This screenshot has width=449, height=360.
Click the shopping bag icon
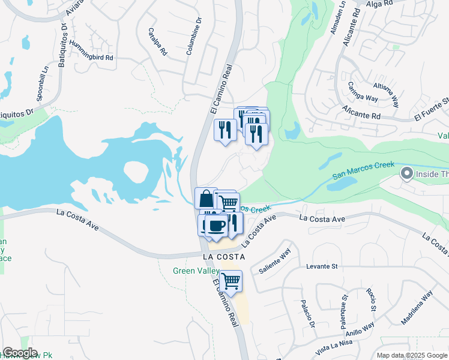click(x=205, y=198)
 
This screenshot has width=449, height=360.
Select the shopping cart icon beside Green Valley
click(x=231, y=280)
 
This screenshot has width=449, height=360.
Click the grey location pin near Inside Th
click(x=406, y=174)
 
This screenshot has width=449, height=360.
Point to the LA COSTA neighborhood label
click(x=224, y=256)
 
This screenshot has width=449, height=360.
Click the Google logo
click(x=20, y=353)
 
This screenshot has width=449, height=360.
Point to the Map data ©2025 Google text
click(x=411, y=355)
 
